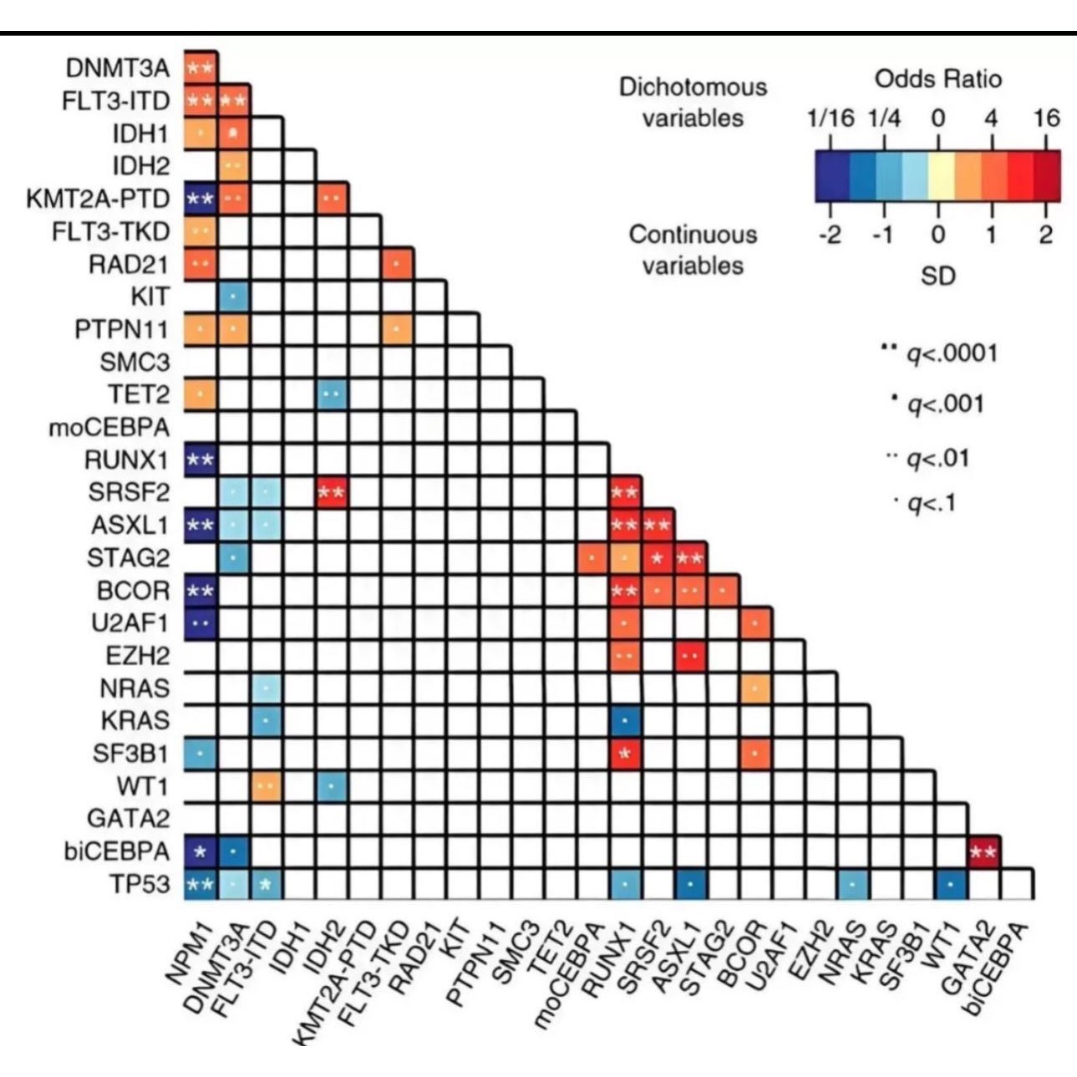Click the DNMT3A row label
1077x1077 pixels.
117,69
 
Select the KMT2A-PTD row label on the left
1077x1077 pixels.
98,199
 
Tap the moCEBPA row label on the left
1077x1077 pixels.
109,428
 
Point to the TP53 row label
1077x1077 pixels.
140,884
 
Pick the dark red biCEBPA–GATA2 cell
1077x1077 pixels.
983,852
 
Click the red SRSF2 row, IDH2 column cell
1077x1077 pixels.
332,493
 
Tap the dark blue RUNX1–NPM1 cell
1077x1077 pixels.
201,460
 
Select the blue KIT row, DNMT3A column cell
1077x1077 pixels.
234,297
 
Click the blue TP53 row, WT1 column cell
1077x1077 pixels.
951,884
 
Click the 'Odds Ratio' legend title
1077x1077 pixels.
937,79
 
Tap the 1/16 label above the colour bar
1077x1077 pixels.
831,118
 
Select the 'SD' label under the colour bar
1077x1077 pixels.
937,275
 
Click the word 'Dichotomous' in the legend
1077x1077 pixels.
693,87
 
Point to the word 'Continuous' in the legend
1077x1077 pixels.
693,235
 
